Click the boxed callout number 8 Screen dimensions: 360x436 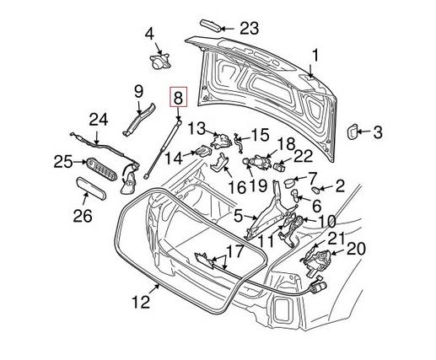pyautogui.click(x=177, y=99)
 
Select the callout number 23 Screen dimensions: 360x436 pyautogui.click(x=249, y=27)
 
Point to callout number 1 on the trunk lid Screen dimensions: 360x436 pyautogui.click(x=315, y=56)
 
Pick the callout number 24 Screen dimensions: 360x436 pyautogui.click(x=98, y=121)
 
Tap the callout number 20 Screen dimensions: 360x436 pyautogui.click(x=357, y=248)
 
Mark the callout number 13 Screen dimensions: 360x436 pyautogui.click(x=196, y=128)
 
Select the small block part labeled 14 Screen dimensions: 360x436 pyautogui.click(x=203, y=151)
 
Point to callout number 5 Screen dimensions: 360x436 pyautogui.click(x=240, y=216)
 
